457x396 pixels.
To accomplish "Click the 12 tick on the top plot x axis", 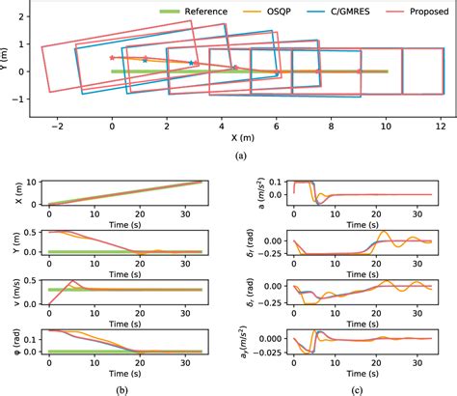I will (x=441, y=126).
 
